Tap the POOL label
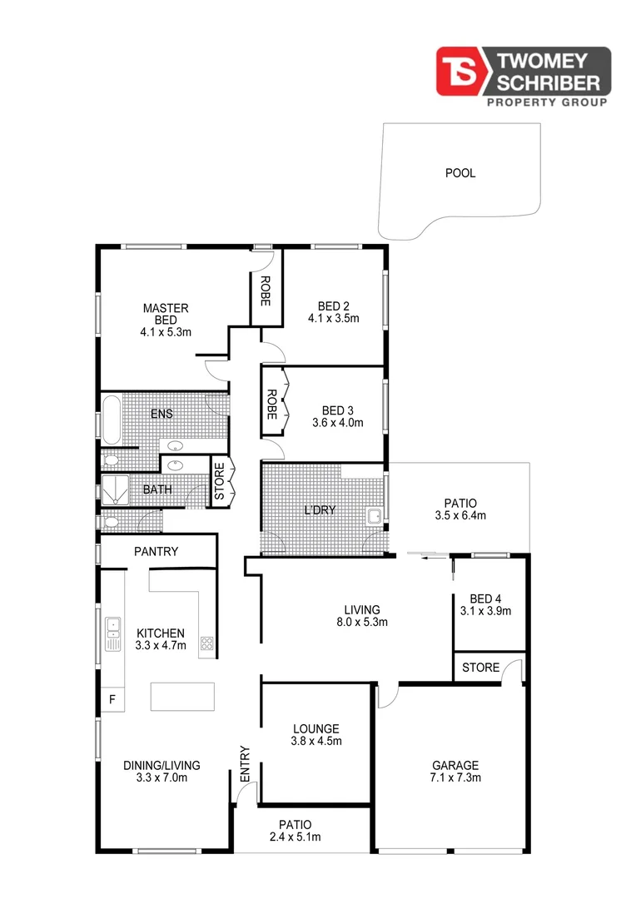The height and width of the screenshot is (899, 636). [460, 174]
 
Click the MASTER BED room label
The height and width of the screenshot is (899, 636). [165, 314]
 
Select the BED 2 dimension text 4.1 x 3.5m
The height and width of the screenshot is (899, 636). [333, 318]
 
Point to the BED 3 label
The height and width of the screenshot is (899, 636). [337, 410]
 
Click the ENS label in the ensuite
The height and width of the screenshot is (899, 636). [161, 413]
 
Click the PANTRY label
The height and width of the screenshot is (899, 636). [157, 551]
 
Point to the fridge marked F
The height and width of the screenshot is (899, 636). [112, 699]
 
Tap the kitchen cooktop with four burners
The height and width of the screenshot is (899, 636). [206, 643]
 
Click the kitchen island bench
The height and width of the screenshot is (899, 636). [182, 696]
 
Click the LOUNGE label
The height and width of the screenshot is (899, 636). [316, 729]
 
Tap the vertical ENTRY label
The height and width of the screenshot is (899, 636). [246, 763]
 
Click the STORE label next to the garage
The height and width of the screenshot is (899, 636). [481, 668]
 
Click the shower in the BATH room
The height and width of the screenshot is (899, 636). [115, 491]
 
